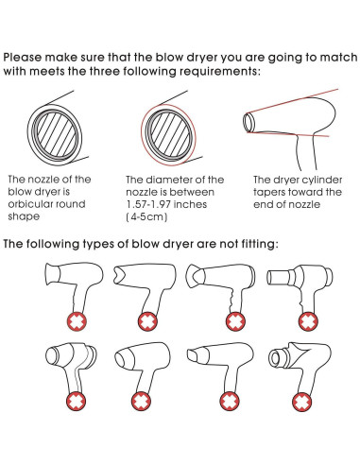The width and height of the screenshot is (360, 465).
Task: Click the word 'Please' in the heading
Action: pyautogui.click(x=23, y=58)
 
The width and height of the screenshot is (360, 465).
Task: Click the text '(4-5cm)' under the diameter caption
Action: pyautogui.click(x=146, y=217)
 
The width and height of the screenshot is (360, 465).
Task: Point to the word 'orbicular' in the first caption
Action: pyautogui.click(x=28, y=204)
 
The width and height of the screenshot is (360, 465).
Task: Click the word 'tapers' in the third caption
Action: pyautogui.click(x=269, y=192)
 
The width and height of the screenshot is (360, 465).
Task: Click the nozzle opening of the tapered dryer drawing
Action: pyautogui.click(x=249, y=122)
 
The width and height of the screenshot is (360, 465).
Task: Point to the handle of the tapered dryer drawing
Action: pyautogui.click(x=306, y=152)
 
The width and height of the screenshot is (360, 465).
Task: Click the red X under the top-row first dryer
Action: pyautogui.click(x=77, y=321)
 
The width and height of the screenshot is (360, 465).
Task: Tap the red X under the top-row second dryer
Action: pyautogui.click(x=147, y=321)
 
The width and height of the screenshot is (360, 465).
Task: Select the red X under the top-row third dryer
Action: pyautogui.click(x=235, y=321)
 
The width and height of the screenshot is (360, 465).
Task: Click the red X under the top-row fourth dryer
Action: pyautogui.click(x=308, y=321)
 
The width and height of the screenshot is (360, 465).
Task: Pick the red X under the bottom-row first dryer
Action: pyautogui.click(x=76, y=401)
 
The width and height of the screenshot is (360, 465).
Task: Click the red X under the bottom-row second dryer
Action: pyautogui.click(x=141, y=401)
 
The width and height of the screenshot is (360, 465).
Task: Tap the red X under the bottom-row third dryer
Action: pyautogui.click(x=230, y=401)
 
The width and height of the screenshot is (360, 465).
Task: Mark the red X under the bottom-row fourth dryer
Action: pyautogui.click(x=301, y=402)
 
